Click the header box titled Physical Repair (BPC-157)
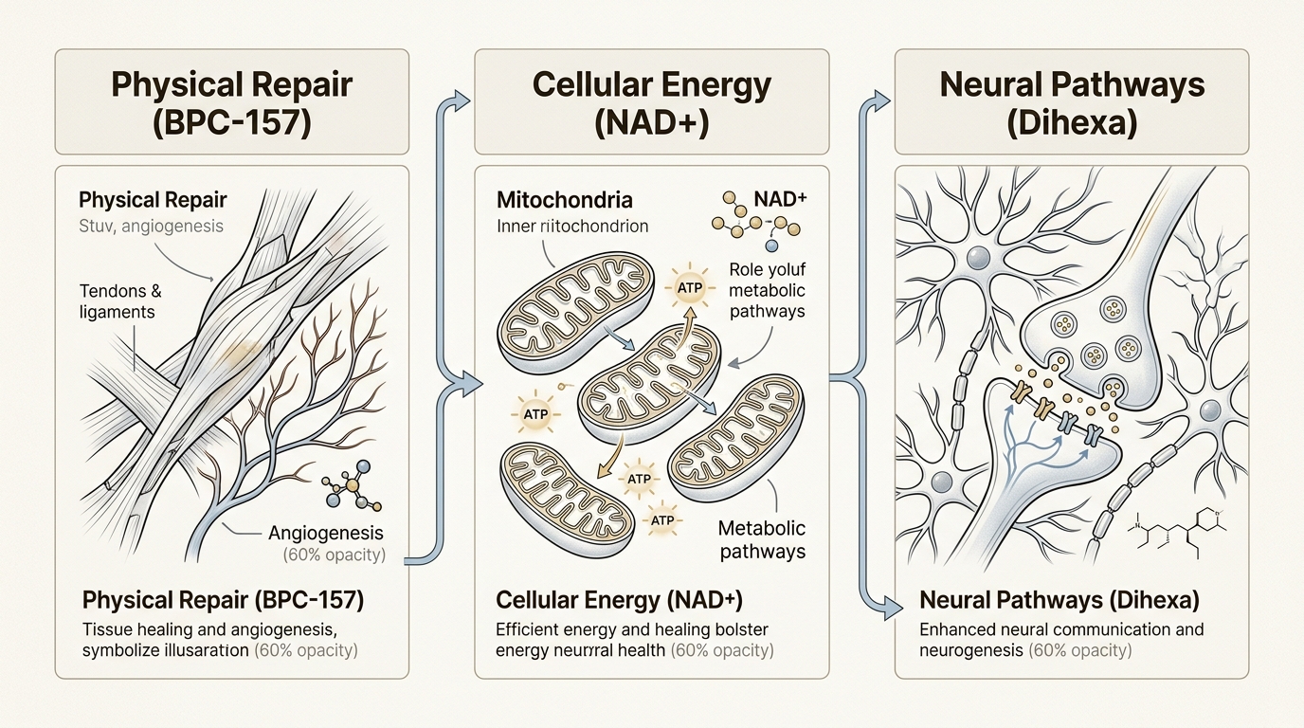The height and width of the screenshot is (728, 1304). click(232, 102)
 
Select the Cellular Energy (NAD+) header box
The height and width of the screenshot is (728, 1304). click(652, 102)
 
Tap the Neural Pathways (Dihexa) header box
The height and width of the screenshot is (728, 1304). click(1072, 102)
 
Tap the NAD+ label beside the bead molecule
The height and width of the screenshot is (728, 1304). click(779, 201)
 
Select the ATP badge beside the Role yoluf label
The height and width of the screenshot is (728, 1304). click(689, 285)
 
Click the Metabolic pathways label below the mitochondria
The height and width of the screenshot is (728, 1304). click(761, 539)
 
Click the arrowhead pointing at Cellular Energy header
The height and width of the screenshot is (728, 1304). click(462, 98)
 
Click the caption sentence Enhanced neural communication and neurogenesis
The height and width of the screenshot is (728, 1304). click(1061, 640)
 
